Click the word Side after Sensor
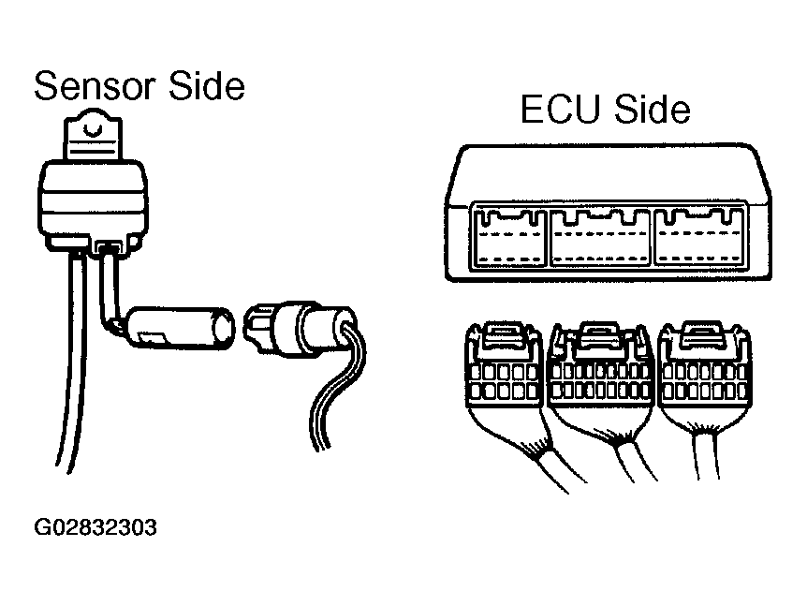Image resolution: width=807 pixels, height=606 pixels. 206,86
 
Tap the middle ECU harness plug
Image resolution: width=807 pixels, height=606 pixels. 599,375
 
